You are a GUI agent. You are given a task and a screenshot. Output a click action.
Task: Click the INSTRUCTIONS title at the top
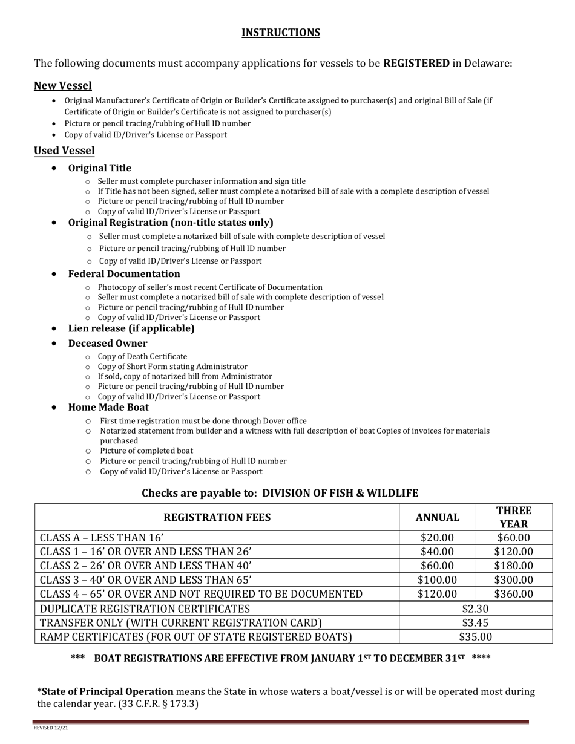(281, 33)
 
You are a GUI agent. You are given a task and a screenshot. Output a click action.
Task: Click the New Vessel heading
(63, 86)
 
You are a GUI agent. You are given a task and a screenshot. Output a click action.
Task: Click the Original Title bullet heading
(99, 168)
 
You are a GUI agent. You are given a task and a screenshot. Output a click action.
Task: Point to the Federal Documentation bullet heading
(123, 274)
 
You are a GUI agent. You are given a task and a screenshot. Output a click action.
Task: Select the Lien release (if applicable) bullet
(131, 328)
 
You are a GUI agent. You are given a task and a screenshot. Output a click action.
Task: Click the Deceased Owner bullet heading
(107, 344)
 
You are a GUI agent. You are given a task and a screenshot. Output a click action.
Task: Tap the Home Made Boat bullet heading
(108, 407)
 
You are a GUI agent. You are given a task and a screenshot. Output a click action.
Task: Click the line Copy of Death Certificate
(142, 357)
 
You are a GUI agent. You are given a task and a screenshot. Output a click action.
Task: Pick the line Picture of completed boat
(146, 451)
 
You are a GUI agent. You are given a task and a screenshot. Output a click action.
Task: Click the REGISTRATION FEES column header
(217, 517)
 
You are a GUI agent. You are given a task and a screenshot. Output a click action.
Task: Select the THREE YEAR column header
(513, 517)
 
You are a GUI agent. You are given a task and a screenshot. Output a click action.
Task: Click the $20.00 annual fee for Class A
(437, 538)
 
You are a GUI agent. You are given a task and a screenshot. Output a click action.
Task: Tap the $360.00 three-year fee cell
(513, 594)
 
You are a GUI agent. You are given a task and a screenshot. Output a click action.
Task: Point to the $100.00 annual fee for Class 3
(437, 579)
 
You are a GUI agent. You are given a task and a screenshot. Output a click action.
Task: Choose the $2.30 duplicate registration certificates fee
(475, 609)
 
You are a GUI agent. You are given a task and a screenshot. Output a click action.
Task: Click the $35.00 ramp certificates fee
(475, 636)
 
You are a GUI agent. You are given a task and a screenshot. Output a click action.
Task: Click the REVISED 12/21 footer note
(51, 728)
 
